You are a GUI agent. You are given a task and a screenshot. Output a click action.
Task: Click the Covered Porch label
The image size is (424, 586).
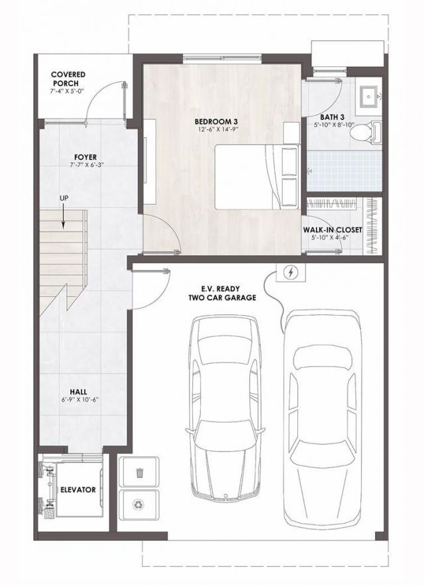click(68, 78)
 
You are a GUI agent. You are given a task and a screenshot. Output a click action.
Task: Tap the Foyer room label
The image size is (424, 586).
click(81, 157)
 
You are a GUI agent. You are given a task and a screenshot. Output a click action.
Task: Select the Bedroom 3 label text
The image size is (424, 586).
click(216, 121)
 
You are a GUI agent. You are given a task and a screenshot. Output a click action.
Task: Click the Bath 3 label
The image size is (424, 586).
click(333, 117)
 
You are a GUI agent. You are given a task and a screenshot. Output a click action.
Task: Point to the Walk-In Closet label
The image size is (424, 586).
click(332, 230)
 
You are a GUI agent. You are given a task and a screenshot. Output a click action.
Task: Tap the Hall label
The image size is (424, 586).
click(81, 392)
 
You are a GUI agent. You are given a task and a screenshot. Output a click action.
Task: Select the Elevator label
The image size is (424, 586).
click(78, 490)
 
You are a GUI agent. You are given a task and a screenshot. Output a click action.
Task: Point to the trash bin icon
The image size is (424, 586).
click(140, 472)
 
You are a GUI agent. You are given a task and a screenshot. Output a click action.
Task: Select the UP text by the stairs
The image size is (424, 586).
click(64, 198)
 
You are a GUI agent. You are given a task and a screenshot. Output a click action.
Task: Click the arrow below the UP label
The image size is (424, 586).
click(64, 217)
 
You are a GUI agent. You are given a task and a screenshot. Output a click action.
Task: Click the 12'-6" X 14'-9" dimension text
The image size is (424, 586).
click(216, 131)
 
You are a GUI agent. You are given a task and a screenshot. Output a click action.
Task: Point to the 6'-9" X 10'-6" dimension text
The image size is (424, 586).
click(81, 400)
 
